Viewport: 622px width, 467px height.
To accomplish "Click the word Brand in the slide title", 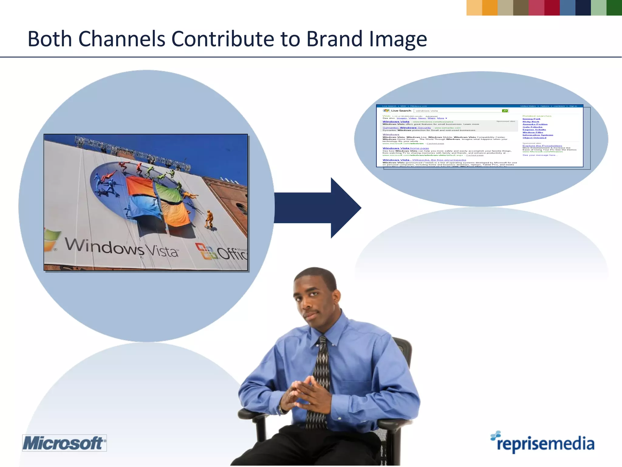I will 334,39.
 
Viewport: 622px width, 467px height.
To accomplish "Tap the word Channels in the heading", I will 121,39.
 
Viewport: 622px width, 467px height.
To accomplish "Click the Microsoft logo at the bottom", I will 64,443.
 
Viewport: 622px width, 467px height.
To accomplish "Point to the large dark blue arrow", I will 319,208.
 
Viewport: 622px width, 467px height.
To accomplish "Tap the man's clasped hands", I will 301,395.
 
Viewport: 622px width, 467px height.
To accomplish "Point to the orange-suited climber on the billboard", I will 209,219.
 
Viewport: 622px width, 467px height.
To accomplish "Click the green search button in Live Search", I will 505,111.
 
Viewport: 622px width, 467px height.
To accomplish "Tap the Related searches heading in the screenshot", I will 537,116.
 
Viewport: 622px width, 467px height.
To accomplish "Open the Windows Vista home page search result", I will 405,148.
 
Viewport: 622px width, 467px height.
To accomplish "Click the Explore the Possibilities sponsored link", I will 542,146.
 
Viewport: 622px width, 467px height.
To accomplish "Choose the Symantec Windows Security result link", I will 406,128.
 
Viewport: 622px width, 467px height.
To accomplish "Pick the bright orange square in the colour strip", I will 490,8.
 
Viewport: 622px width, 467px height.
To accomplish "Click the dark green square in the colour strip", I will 614,8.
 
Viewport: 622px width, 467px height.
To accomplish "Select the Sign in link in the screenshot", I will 573,106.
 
